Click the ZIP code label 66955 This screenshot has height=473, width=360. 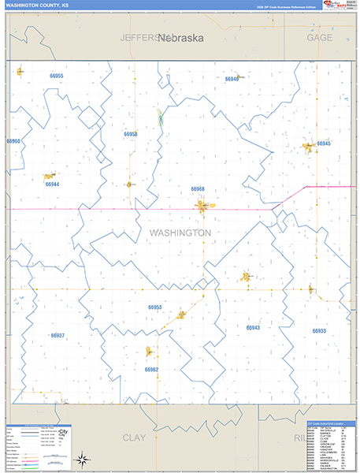click(x=56, y=76)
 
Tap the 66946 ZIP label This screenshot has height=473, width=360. click(x=232, y=79)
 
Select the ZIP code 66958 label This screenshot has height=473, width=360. click(x=131, y=134)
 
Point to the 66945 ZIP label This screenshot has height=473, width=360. click(x=324, y=143)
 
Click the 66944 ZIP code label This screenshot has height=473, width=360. click(x=52, y=184)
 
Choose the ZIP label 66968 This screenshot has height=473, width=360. click(x=198, y=189)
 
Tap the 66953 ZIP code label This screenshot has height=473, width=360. click(x=154, y=307)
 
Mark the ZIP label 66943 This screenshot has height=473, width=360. click(x=253, y=327)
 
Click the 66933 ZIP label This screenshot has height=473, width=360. click(x=319, y=331)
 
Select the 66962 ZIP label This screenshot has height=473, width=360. click(x=151, y=369)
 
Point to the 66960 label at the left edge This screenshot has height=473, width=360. click(x=13, y=141)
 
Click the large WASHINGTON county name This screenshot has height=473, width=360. click(x=180, y=233)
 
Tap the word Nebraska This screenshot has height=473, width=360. click(x=180, y=37)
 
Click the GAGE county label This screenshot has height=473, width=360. click(x=319, y=37)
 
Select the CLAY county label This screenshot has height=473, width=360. click(x=135, y=437)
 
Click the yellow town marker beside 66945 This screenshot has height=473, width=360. click(x=308, y=147)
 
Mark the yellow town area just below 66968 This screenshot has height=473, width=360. click(x=202, y=207)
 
